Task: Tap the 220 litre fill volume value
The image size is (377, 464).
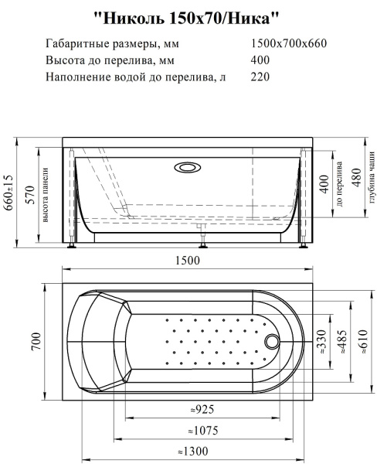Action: tap(261, 77)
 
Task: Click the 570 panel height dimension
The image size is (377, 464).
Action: tap(29, 194)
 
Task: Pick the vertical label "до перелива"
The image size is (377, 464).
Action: tap(340, 183)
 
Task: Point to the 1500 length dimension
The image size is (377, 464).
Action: tap(188, 260)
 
